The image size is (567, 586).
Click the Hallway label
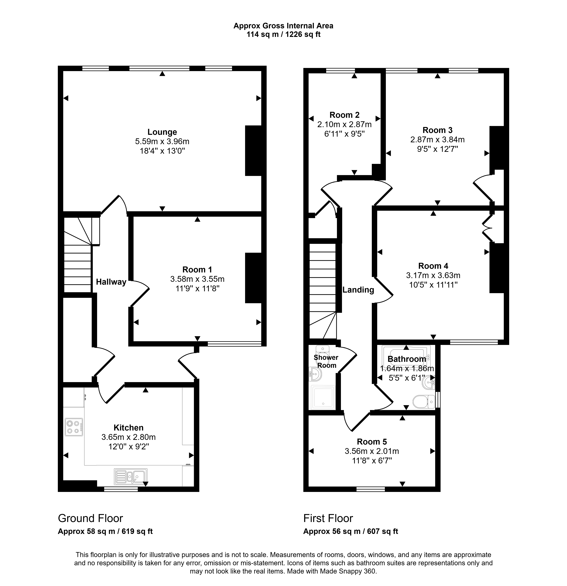111,282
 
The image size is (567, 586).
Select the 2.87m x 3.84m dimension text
438,140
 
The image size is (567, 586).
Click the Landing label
358,290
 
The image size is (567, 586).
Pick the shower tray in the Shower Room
323,397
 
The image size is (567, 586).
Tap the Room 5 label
372,442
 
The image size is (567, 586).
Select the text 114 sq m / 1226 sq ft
283,34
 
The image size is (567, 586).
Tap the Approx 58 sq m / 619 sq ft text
105,531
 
